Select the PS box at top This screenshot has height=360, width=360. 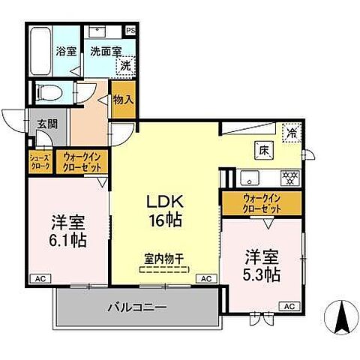pos(131,31)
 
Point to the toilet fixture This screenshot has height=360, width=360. pos(49,94)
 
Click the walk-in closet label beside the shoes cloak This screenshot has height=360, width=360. pos(82,161)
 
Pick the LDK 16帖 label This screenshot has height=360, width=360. pos(165,211)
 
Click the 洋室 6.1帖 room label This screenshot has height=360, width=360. pos(68,230)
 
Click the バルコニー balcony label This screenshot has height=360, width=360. pos(136,307)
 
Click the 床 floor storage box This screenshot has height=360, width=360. pos(263,148)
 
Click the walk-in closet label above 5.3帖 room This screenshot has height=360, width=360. pos(261,202)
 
